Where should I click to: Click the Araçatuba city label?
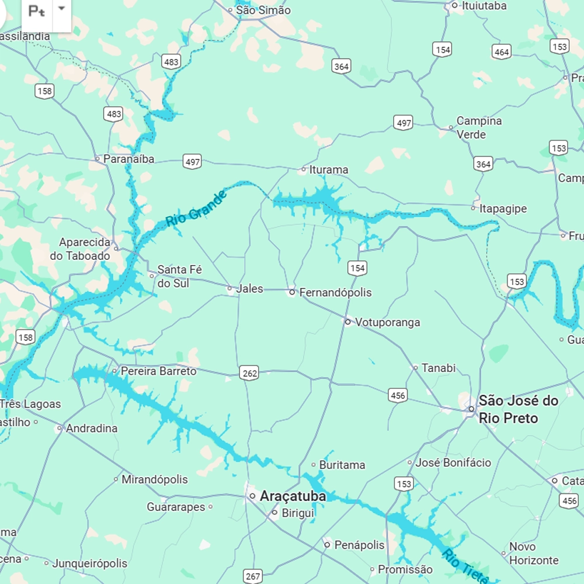click(293, 496)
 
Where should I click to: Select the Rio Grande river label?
click(196, 209)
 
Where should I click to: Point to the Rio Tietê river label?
click(465, 566)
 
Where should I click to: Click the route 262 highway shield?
click(249, 373)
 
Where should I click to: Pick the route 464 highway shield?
click(501, 51)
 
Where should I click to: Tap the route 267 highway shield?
click(253, 576)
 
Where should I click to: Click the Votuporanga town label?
click(388, 322)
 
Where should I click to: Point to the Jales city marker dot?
click(230, 288)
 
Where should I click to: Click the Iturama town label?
click(329, 170)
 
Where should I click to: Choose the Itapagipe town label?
click(503, 208)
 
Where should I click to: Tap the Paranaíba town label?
click(128, 159)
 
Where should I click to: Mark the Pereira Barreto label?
click(158, 371)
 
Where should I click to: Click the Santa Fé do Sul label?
click(180, 276)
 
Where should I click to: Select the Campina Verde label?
click(479, 127)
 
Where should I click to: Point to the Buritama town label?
click(342, 465)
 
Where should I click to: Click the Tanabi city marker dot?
click(416, 368)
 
